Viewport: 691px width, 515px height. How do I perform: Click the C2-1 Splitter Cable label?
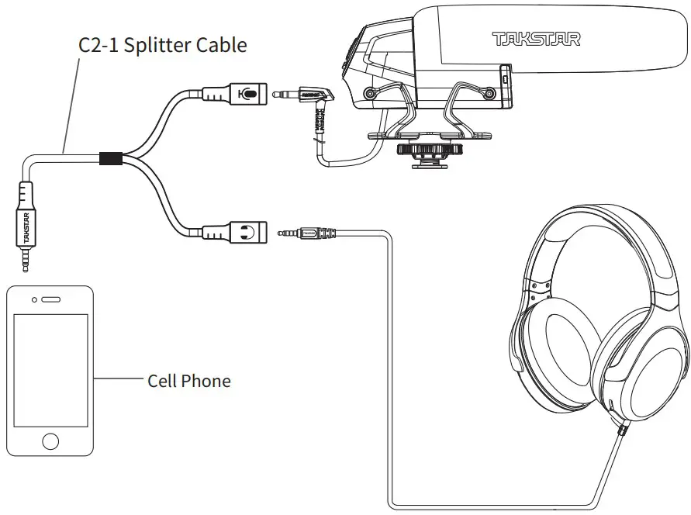tap(163, 45)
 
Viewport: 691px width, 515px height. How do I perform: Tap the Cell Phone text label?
tap(189, 381)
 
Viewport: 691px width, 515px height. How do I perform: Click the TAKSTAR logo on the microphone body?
tap(536, 38)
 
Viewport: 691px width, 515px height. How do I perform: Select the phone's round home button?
tap(50, 441)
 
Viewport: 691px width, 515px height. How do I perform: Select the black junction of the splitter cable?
tap(110, 158)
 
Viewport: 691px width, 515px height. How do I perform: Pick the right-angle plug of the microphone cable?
tap(314, 98)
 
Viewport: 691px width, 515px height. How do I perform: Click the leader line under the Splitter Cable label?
tap(72, 101)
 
